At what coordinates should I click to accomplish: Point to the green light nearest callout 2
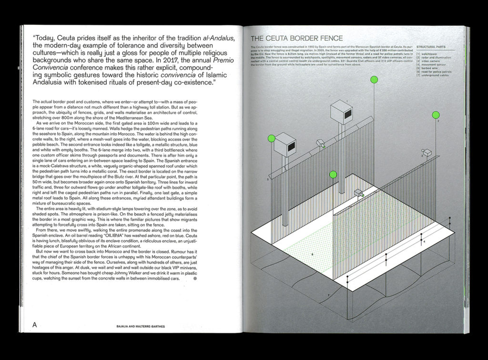coord(436,115)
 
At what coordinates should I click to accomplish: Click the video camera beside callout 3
coord(427,153)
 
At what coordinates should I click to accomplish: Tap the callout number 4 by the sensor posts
coord(424,242)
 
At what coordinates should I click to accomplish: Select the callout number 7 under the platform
coord(328,296)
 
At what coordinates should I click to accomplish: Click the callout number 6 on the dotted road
coord(312,255)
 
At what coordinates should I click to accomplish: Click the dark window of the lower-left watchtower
coord(290,147)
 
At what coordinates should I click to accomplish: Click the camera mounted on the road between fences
coord(359,193)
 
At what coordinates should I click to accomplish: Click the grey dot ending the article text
coord(194,279)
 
